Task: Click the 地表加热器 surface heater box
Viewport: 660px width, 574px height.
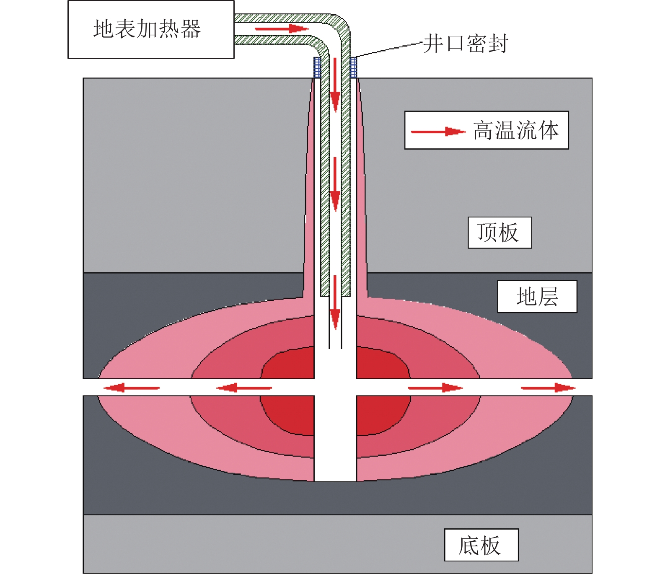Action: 151,30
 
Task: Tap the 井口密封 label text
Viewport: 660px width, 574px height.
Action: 465,44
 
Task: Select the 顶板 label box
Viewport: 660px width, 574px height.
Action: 500,233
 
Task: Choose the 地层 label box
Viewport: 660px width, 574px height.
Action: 537,297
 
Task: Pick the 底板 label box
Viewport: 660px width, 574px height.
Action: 481,545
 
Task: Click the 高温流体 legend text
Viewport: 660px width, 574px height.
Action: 516,130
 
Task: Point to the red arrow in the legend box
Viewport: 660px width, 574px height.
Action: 438,132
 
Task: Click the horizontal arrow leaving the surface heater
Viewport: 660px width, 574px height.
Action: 281,28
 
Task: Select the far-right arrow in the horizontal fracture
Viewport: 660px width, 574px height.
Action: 548,388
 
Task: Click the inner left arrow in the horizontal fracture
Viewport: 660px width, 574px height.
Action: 244,388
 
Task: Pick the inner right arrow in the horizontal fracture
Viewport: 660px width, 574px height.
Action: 435,388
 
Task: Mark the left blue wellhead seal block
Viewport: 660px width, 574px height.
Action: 317,67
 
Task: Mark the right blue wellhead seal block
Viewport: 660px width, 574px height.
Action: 353,67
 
